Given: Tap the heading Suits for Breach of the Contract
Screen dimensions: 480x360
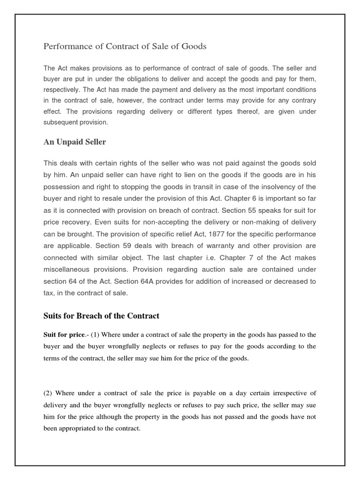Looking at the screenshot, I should (x=101, y=315).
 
